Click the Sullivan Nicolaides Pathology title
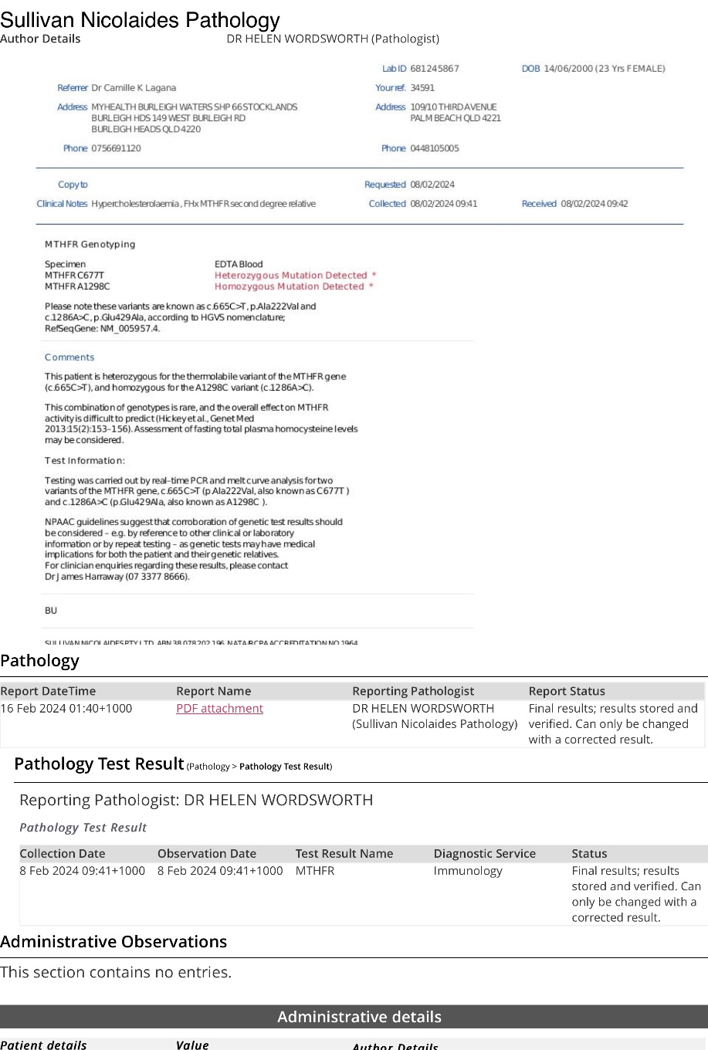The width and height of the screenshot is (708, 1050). point(140,21)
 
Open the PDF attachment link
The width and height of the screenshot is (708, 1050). point(219,709)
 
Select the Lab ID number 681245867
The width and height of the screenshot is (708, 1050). point(435,69)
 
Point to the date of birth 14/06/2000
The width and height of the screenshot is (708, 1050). point(568,69)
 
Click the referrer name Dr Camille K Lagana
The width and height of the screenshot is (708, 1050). point(134,88)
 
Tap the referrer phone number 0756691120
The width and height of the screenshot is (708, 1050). point(116,148)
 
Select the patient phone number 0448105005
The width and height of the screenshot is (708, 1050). point(435,148)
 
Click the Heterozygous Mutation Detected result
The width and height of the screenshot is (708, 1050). point(291,276)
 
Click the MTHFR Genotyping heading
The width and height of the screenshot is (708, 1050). point(90,245)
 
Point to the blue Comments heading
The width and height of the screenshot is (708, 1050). point(69,357)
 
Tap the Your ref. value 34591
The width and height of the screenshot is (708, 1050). point(422,88)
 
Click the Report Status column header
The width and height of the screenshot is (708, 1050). point(567,691)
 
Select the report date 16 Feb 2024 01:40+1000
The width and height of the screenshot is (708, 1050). point(66,709)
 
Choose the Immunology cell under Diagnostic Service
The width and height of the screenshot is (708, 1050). point(468,871)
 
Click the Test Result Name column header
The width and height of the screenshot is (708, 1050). point(344,854)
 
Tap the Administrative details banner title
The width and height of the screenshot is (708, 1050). point(359,1017)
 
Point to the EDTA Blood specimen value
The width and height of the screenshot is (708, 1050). point(239,264)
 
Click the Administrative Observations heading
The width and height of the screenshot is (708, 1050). point(113,942)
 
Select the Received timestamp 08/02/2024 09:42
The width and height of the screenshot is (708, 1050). point(595,204)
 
